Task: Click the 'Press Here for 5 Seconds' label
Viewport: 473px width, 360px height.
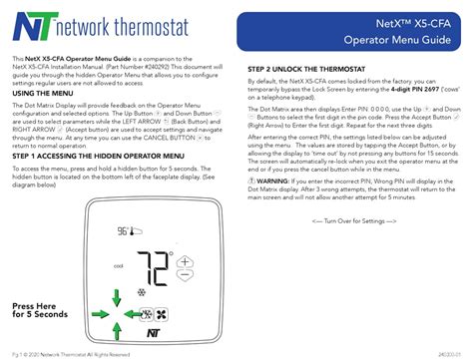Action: [x=40, y=309]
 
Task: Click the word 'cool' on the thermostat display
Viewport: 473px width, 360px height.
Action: [x=119, y=265]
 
